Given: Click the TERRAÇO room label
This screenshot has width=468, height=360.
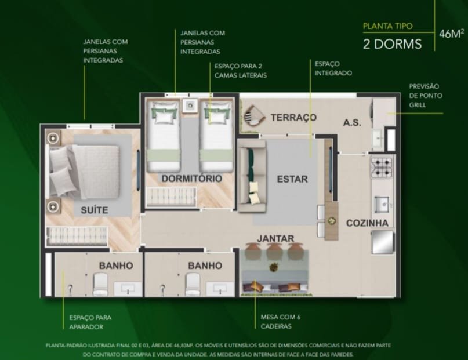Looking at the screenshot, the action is [293, 117].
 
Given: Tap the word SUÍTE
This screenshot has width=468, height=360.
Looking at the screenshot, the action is [95, 210].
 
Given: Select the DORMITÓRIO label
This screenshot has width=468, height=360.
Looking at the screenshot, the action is [192, 179].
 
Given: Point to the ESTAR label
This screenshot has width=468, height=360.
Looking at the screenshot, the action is [292, 179].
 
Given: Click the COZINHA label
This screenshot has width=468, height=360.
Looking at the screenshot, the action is [367, 223].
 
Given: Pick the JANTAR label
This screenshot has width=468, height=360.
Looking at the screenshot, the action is [275, 238].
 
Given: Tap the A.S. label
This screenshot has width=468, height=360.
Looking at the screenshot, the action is [352, 122].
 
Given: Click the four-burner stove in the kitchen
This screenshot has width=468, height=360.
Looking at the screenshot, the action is [381, 168].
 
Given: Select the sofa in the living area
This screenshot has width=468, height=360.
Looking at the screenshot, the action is [252, 176].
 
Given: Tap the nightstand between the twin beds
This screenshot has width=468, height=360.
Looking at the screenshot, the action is [190, 106].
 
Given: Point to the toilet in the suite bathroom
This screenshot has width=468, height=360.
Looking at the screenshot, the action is [100, 284].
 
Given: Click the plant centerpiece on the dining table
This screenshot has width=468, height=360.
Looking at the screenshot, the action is [273, 267].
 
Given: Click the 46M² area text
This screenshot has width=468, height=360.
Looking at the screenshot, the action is [452, 34].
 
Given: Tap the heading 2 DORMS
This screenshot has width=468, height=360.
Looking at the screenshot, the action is [392, 44].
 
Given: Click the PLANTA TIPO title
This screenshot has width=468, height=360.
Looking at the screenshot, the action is [388, 26].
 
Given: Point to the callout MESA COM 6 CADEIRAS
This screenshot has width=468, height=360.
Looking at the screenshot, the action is [281, 322].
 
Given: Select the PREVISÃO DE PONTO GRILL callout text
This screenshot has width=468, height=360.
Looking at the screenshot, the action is [426, 96].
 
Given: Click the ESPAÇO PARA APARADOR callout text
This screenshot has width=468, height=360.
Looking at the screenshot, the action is [90, 322].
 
